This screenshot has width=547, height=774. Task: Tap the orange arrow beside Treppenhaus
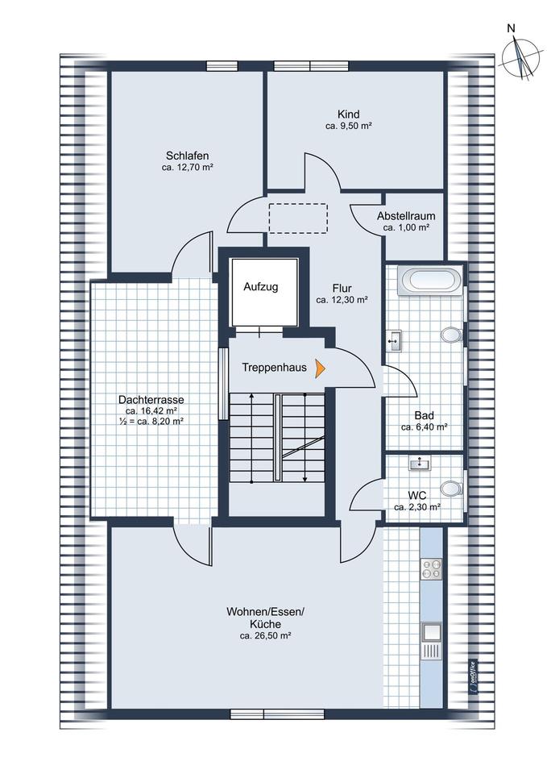321,368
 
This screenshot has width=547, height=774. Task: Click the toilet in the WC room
453,488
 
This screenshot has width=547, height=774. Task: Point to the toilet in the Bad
451,334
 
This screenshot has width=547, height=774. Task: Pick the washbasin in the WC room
419,463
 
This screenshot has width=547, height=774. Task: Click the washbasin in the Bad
395,340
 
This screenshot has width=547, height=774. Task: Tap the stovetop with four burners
431,570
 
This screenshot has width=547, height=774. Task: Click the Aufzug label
261,286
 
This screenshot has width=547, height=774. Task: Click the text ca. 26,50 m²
265,636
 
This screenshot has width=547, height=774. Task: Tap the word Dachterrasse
151,399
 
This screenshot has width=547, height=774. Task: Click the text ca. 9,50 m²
348,127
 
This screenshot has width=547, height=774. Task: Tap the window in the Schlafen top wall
222,67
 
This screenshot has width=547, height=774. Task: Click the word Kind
349,114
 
